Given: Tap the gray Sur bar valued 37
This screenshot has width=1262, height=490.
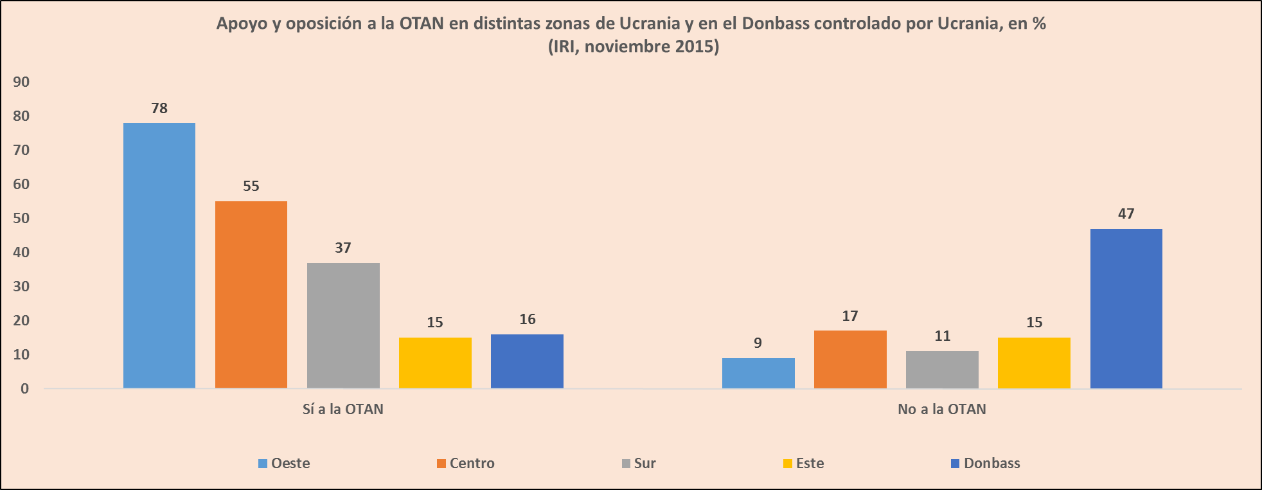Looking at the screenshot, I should click(343, 325).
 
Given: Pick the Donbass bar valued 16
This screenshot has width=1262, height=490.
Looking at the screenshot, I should click(527, 361).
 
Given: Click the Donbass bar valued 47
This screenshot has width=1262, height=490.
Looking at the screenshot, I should click(1126, 309).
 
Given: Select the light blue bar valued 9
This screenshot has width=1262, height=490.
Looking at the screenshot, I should click(758, 373).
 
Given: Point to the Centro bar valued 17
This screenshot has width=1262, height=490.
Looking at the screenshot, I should click(850, 359).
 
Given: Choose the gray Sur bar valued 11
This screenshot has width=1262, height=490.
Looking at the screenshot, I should click(942, 370).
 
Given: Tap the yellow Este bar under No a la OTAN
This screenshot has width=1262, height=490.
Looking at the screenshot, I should click(1034, 363).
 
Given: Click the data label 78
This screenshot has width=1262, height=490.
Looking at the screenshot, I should click(159, 108).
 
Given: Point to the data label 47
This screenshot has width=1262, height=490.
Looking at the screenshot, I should click(1126, 213).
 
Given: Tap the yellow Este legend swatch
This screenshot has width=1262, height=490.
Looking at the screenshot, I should click(788, 464).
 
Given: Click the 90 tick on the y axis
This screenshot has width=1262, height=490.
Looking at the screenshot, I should click(21, 82).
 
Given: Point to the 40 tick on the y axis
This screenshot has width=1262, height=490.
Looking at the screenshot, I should click(21, 252).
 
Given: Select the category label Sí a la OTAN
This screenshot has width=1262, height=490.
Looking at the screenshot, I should click(343, 409).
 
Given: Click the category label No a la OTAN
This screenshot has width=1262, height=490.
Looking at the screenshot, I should click(941, 409).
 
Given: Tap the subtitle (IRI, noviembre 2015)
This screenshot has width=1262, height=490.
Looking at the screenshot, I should click(633, 46).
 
